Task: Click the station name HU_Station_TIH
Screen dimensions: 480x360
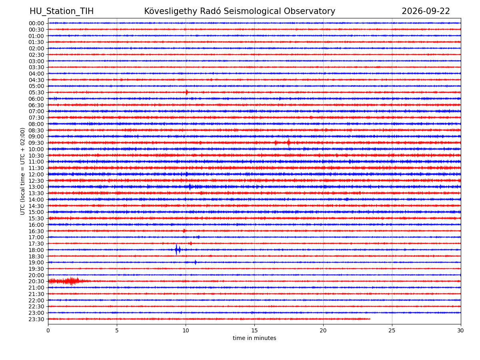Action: point(62,11)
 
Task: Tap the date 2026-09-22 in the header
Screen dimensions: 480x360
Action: point(426,11)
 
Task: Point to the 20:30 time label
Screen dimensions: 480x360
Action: point(36,281)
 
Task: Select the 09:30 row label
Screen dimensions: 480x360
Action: point(36,143)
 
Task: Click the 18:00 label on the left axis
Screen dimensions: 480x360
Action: point(36,250)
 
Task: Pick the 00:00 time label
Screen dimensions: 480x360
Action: point(36,23)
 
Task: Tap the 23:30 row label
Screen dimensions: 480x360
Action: point(36,319)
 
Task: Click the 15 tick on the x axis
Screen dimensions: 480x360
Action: point(254,330)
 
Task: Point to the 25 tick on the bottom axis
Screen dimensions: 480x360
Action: point(392,330)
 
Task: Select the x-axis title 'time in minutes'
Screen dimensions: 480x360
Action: point(254,338)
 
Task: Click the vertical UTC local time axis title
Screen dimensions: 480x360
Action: point(22,171)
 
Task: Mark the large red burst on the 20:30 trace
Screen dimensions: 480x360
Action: point(68,281)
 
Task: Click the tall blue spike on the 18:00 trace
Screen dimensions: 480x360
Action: point(176,250)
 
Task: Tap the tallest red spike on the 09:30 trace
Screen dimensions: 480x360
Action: point(289,143)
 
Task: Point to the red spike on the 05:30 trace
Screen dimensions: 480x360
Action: point(186,92)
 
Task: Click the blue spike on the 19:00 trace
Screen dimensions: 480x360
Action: point(196,262)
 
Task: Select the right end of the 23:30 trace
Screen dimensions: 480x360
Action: point(370,319)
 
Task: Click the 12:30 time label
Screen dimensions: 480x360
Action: point(36,181)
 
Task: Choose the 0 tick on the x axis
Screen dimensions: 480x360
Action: point(48,330)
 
